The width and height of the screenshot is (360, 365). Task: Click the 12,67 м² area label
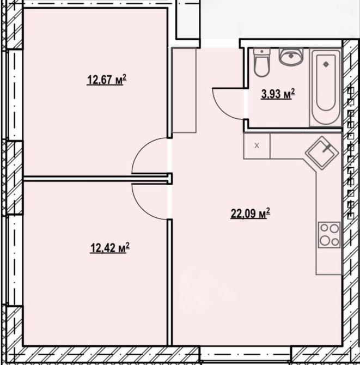[x=107, y=80]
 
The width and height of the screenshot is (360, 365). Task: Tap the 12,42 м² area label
[x=110, y=248]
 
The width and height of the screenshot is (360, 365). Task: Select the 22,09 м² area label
[x=250, y=214]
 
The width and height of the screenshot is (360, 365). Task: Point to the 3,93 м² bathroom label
[x=278, y=94]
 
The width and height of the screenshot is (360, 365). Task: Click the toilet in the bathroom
[x=262, y=63]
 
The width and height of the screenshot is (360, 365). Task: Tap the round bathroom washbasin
[x=291, y=56]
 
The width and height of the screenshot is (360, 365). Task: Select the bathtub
[x=326, y=87]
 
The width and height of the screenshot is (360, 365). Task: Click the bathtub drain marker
[x=326, y=64]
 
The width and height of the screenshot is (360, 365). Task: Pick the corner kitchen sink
[x=322, y=153]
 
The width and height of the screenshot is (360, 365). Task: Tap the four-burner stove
[x=330, y=235]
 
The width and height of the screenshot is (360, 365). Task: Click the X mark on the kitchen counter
[x=257, y=146]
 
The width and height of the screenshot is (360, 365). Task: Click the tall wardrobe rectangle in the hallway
[x=184, y=90]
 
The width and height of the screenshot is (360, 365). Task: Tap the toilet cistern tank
[x=262, y=52]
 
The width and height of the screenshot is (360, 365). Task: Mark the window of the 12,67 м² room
[x=15, y=95]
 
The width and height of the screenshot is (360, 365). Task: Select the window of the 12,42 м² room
[x=15, y=260]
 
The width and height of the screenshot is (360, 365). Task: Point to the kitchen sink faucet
[x=326, y=148]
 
